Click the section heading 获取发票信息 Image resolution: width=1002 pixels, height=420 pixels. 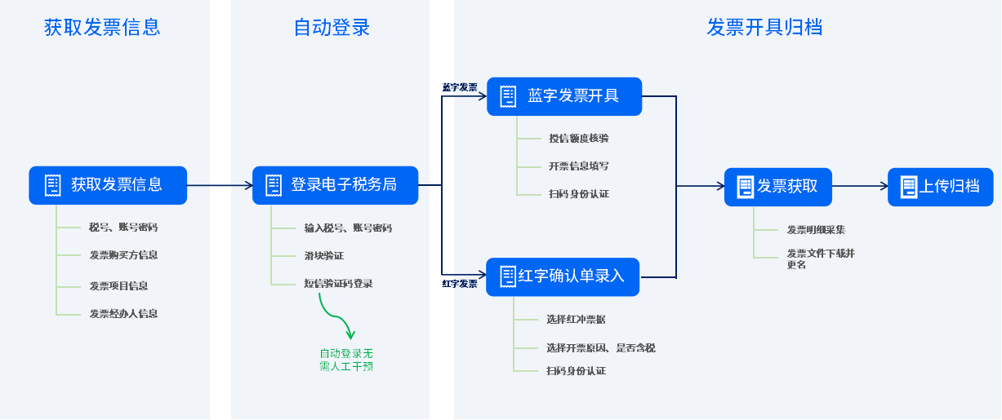tap(102, 27)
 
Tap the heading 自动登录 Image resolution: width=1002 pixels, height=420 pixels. tap(332, 27)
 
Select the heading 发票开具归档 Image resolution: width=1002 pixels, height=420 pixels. tap(764, 27)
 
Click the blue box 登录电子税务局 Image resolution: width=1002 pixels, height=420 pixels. tap(335, 185)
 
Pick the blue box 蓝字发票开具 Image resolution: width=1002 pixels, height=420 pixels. tap(564, 96)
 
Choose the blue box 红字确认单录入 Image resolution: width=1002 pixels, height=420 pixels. tap(563, 277)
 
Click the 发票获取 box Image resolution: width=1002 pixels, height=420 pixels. tap(778, 187)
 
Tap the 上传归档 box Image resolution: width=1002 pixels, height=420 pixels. tap(940, 187)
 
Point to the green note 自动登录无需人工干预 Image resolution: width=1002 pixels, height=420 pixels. tap(346, 360)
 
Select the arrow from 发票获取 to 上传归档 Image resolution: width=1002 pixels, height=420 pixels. tap(860, 186)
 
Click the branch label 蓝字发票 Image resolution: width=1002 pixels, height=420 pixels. tap(460, 87)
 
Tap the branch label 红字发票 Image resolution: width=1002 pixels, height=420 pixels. tap(460, 284)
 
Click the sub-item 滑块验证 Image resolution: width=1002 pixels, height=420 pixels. tap(324, 255)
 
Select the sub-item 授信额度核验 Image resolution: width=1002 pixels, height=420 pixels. tap(579, 139)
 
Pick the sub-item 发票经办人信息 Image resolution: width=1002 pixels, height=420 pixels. tap(123, 314)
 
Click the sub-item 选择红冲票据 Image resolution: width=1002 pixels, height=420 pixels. tap(576, 320)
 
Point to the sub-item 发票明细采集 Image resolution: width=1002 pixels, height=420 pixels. tap(816, 230)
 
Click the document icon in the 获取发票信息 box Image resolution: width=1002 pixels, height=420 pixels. tap(53, 185)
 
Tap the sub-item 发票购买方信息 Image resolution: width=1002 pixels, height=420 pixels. tap(123, 255)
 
